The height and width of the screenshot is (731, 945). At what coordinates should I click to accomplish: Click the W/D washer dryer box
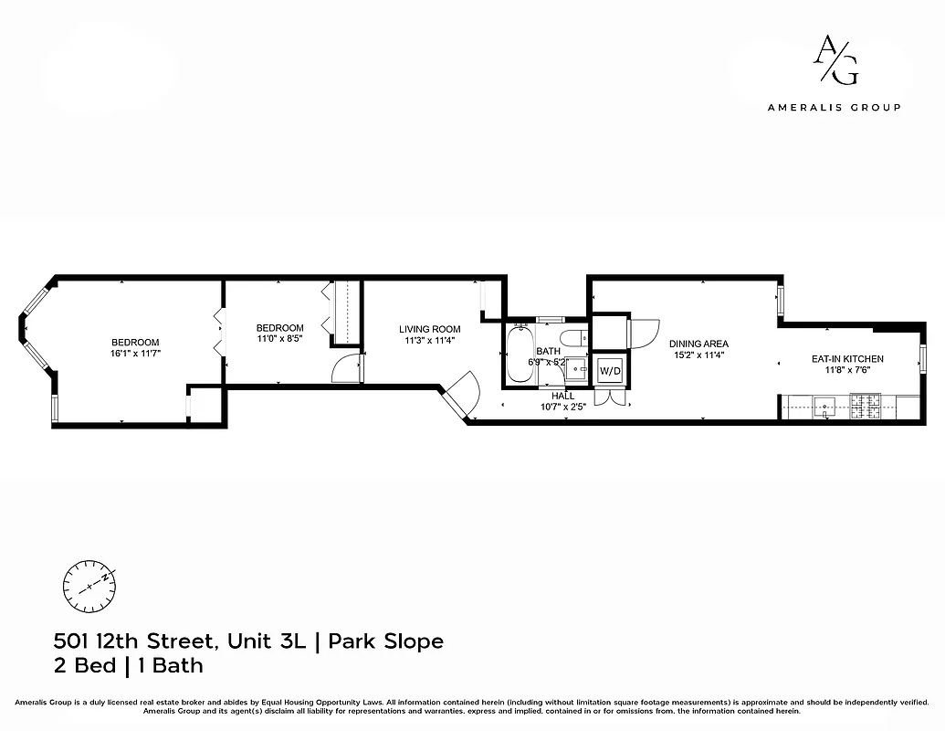tap(609, 371)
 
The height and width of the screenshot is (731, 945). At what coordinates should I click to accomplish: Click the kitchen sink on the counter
tap(824, 407)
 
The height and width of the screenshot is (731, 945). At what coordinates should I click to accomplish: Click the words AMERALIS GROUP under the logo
tap(834, 107)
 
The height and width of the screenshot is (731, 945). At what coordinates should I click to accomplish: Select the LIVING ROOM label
tap(429, 329)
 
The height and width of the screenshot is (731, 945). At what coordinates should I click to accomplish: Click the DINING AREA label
tap(698, 344)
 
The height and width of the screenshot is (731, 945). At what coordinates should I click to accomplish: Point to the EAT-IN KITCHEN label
tap(847, 359)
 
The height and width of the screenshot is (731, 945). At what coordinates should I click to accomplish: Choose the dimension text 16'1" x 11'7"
tap(136, 353)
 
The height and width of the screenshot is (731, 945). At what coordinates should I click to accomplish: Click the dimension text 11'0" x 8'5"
tap(279, 339)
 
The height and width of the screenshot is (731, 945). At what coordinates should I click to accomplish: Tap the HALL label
tap(562, 396)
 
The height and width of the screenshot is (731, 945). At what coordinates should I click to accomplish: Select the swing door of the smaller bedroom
tap(347, 367)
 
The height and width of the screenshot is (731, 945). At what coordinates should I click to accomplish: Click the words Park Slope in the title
tap(386, 641)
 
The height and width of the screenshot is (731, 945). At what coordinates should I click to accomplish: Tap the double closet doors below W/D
tap(609, 398)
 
